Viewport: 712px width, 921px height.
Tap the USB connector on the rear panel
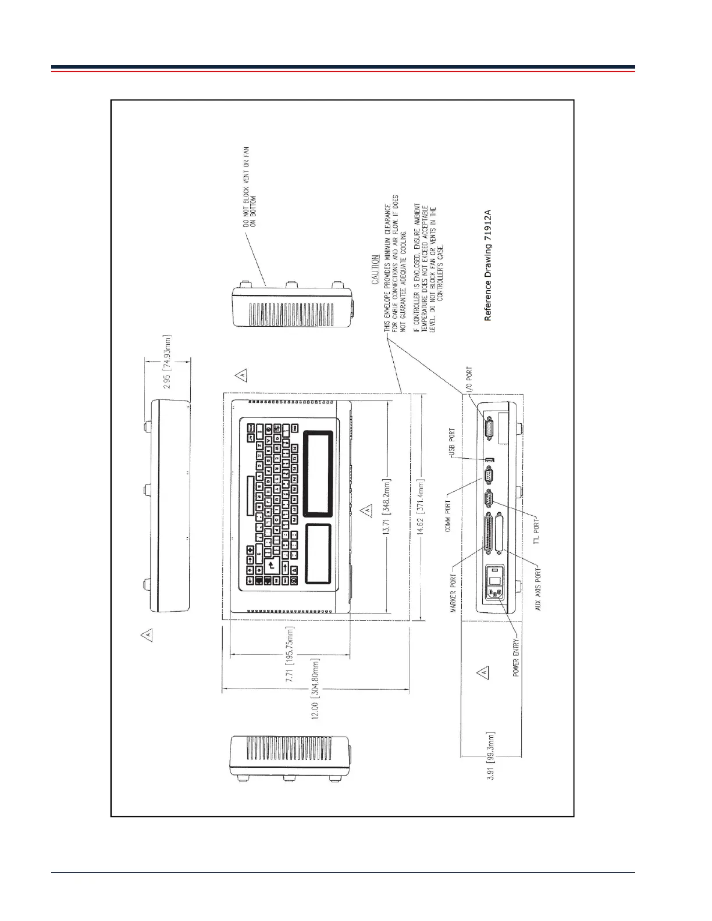[x=489, y=460]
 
